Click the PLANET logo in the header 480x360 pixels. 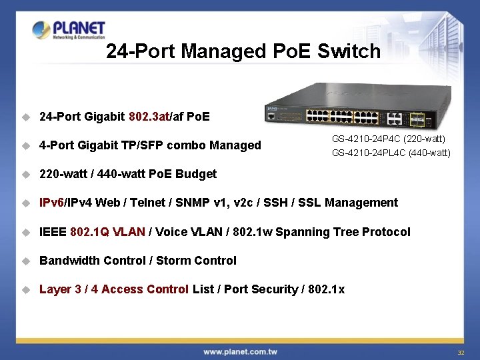(x=69, y=31)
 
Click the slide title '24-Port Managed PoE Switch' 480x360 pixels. (x=243, y=51)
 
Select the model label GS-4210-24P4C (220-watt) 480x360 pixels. (x=389, y=139)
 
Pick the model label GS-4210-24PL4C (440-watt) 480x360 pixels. (x=391, y=153)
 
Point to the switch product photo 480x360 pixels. (x=358, y=107)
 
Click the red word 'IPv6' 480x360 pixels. (x=51, y=203)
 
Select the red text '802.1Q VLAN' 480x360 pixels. (x=107, y=232)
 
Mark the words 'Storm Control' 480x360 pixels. (x=196, y=261)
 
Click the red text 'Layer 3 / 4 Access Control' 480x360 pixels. (x=114, y=289)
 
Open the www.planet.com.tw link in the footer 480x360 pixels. (x=240, y=351)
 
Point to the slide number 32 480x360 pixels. (x=460, y=352)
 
